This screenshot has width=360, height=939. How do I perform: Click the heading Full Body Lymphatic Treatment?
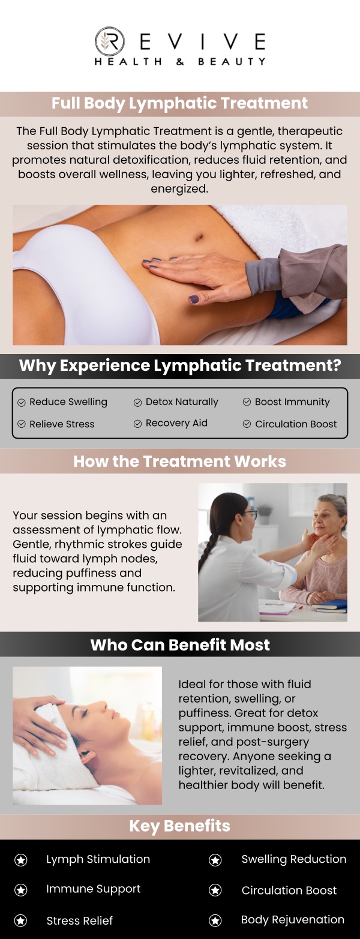(179, 103)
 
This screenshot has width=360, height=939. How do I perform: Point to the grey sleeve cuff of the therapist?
(258, 276)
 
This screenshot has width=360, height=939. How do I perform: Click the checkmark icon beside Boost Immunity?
(247, 402)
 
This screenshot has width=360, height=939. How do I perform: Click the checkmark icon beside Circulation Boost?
(247, 424)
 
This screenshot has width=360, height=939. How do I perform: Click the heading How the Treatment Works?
(179, 461)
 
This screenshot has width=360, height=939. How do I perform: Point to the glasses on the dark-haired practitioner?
(251, 514)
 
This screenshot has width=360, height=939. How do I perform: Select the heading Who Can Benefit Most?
(180, 645)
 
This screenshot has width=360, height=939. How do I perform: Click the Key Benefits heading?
(179, 826)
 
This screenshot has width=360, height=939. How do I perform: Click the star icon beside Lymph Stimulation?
(21, 860)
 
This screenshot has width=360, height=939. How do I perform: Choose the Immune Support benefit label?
(93, 889)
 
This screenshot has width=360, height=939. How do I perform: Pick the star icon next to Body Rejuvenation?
(215, 920)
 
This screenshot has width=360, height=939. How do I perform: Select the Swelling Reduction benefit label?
(293, 859)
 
